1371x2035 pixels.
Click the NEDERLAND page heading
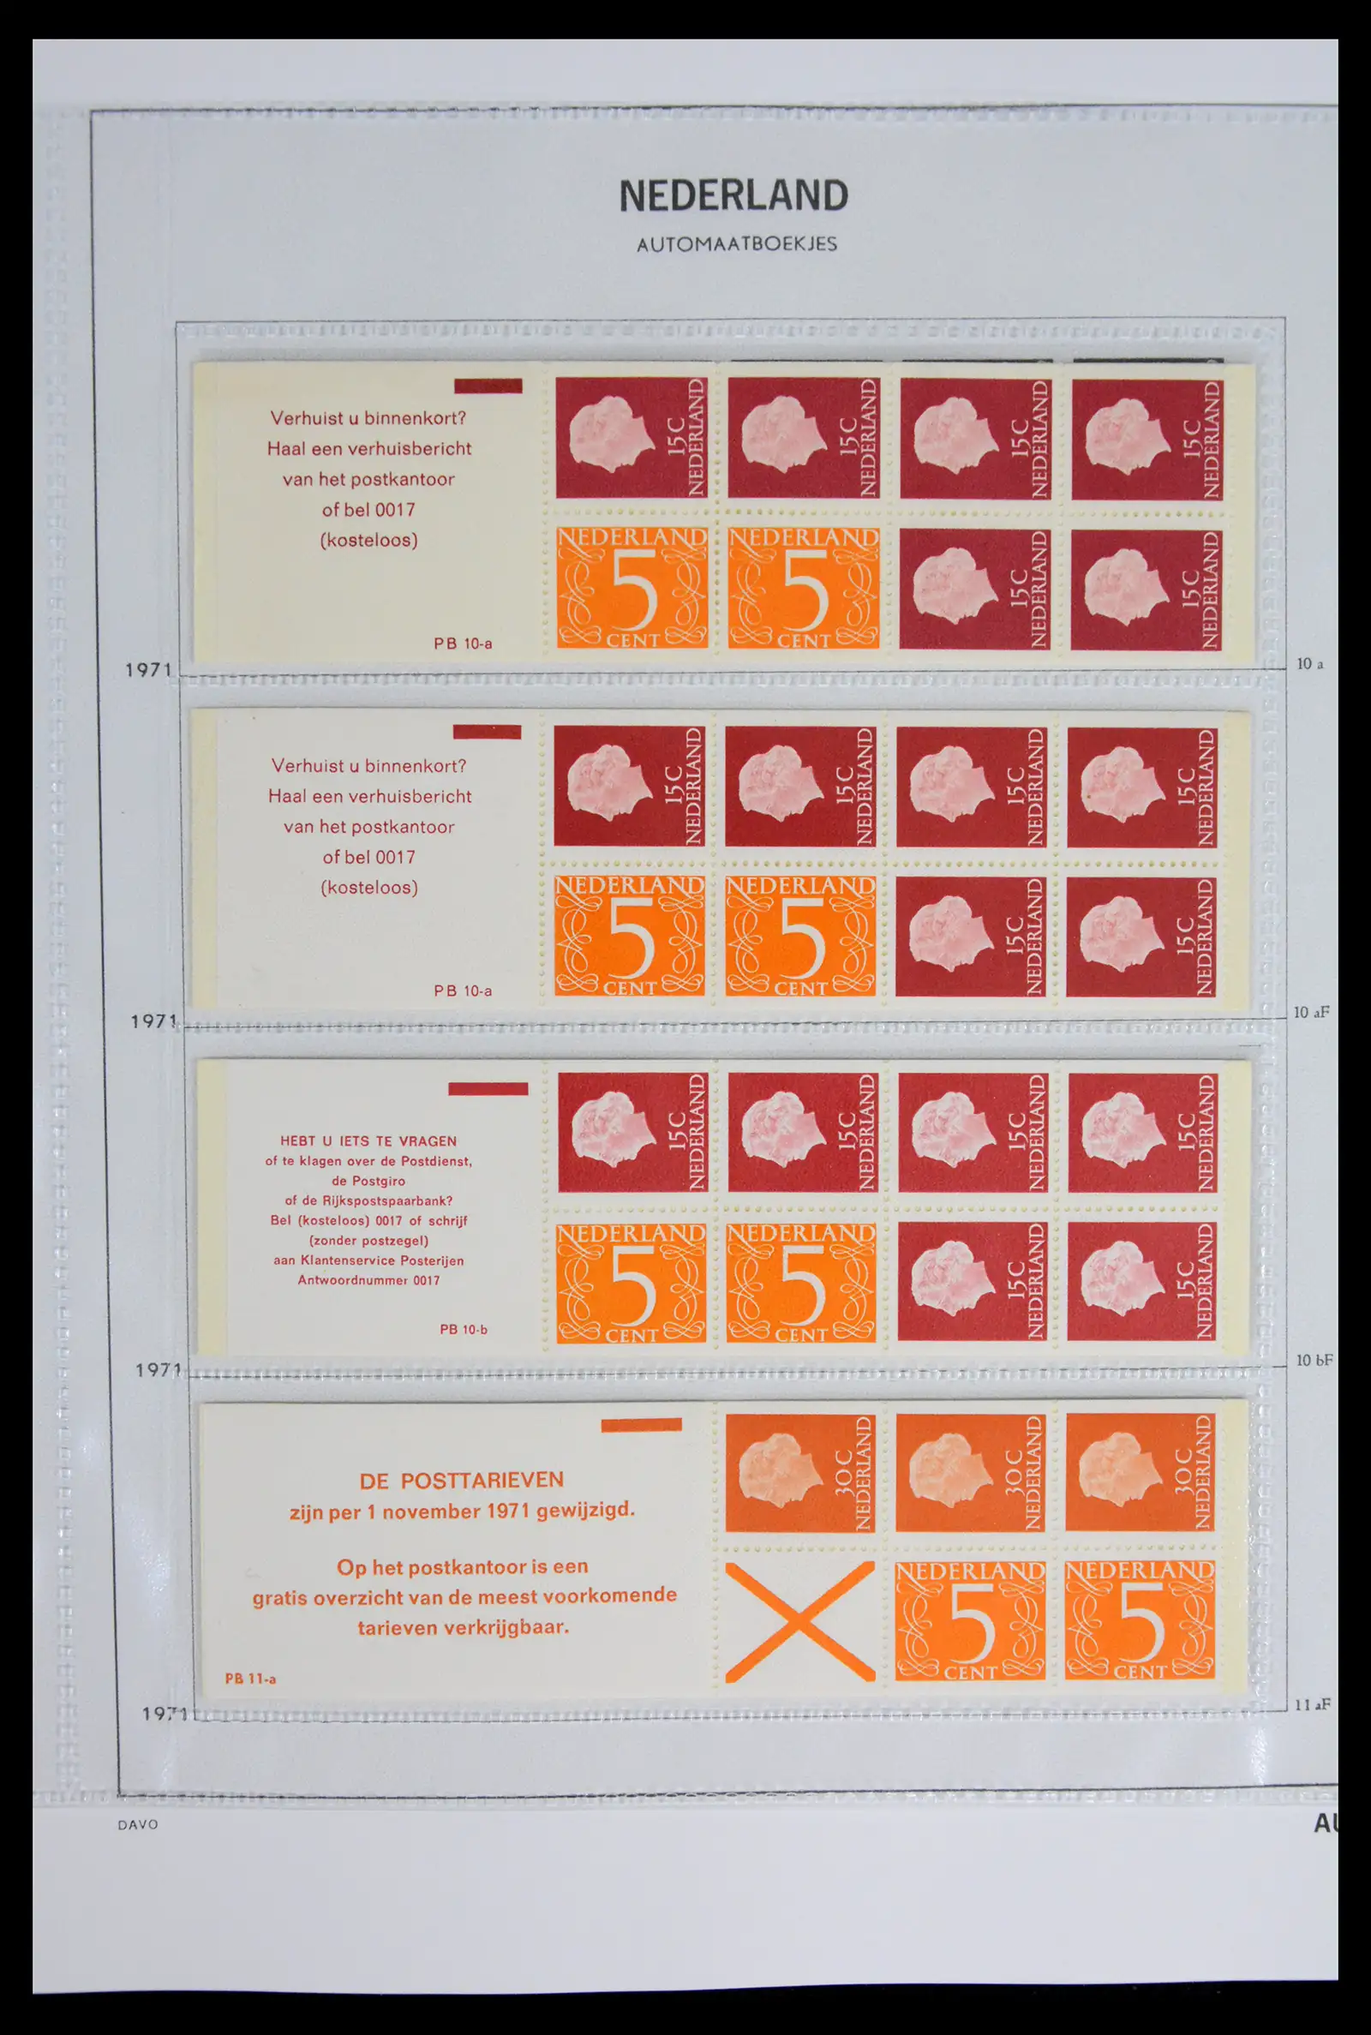[x=733, y=196]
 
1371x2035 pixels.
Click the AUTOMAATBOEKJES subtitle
[x=736, y=244]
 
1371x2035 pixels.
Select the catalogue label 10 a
[x=1309, y=664]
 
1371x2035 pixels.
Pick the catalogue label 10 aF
[x=1312, y=1012]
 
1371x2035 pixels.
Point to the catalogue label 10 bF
[x=1314, y=1360]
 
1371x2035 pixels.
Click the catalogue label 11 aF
[x=1314, y=1703]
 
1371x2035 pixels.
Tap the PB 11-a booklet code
[x=250, y=1679]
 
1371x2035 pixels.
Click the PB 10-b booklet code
[x=464, y=1330]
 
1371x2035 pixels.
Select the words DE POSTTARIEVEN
[x=462, y=1481]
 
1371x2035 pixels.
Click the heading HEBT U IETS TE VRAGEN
[x=368, y=1140]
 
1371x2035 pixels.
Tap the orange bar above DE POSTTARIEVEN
[x=641, y=1425]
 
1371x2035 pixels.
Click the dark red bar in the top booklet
[x=488, y=386]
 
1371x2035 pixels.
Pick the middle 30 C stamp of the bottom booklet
[x=972, y=1473]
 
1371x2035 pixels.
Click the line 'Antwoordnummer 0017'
[x=368, y=1281]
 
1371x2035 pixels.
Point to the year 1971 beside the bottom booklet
[x=164, y=1715]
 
